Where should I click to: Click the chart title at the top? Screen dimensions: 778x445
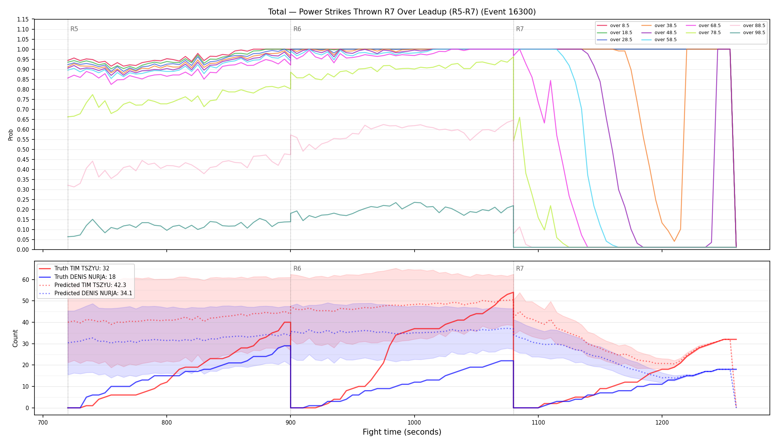[402, 12]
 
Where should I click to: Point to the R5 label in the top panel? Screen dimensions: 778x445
[74, 29]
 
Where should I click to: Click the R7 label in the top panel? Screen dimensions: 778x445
[520, 29]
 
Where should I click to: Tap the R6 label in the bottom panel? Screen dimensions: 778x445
[297, 268]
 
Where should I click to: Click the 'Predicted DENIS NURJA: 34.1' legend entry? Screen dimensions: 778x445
[85, 293]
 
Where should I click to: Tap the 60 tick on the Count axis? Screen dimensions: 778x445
[26, 280]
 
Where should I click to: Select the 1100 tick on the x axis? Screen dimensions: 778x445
[538, 422]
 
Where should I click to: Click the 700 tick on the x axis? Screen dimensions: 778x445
[43, 422]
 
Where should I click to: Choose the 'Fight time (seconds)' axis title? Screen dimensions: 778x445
[402, 432]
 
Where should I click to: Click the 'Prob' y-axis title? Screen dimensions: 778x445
[11, 135]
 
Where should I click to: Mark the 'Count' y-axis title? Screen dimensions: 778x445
[15, 338]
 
